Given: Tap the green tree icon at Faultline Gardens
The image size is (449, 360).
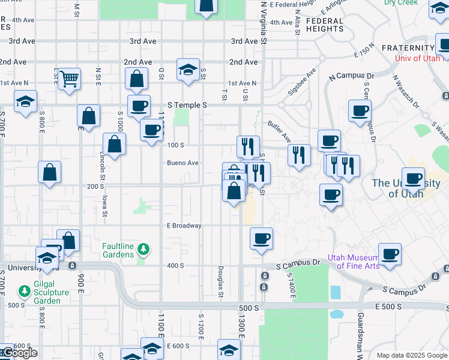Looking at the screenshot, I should pyautogui.click(x=143, y=248).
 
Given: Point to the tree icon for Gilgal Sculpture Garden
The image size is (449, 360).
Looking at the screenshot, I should pyautogui.click(x=24, y=292).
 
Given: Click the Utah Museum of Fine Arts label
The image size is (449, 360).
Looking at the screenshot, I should pyautogui.click(x=354, y=262).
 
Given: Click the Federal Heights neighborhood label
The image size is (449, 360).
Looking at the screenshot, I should pyautogui.click(x=325, y=25).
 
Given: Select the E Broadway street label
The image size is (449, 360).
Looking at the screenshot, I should pyautogui.click(x=184, y=226).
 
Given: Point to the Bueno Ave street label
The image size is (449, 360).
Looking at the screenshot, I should pyautogui.click(x=182, y=163).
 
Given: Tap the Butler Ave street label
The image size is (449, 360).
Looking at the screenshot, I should pyautogui.click(x=279, y=127).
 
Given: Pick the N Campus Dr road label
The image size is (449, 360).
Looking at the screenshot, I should pyautogui.click(x=351, y=76).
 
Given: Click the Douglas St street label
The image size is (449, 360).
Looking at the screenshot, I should pyautogui.click(x=221, y=282).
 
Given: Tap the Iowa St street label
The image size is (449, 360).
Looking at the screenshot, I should pyautogui.click(x=104, y=204).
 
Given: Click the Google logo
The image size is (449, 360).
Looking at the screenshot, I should pyautogui.click(x=19, y=353).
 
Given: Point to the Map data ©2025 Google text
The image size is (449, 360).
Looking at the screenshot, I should pyautogui.click(x=412, y=355).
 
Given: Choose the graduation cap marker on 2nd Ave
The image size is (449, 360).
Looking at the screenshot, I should pyautogui.click(x=188, y=69).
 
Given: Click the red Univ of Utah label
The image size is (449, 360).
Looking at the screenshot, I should pyautogui.click(x=418, y=58).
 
